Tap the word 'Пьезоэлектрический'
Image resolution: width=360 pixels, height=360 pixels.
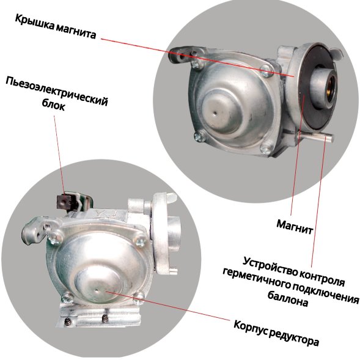point(56,91)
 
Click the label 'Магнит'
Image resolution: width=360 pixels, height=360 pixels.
point(295,227)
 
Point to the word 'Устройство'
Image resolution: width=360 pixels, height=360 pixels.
point(273,266)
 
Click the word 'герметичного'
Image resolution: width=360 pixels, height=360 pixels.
point(255,279)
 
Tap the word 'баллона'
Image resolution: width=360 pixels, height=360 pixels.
point(288,298)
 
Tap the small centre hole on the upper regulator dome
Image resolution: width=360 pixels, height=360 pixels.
point(215,112)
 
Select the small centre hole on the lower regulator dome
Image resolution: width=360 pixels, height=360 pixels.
point(97,290)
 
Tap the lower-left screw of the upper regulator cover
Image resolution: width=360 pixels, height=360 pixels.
point(200,136)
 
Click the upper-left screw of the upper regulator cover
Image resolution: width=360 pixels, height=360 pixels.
point(197,64)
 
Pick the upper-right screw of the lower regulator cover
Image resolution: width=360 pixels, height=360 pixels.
point(140,241)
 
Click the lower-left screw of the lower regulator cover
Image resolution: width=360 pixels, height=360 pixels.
point(67,298)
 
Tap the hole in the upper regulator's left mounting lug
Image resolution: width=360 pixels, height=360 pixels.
point(182,56)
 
